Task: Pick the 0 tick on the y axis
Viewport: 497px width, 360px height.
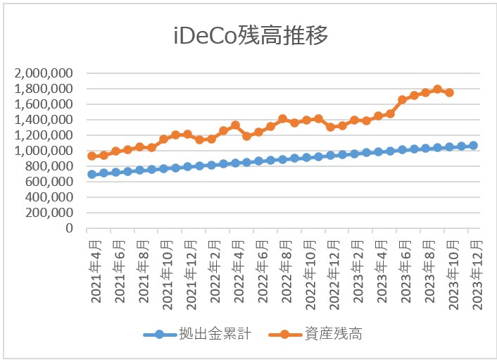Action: pyautogui.click(x=70, y=229)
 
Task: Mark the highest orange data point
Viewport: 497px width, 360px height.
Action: pyautogui.click(x=437, y=89)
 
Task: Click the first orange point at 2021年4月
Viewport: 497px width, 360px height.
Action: pyautogui.click(x=92, y=156)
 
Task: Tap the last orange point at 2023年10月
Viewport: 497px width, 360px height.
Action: pyautogui.click(x=449, y=92)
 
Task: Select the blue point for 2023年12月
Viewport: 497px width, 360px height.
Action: pyautogui.click(x=473, y=145)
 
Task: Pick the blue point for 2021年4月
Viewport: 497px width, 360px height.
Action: pyautogui.click(x=92, y=174)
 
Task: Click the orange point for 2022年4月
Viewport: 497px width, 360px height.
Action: pyautogui.click(x=235, y=125)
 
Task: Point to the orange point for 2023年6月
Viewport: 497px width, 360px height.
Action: pyautogui.click(x=402, y=100)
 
